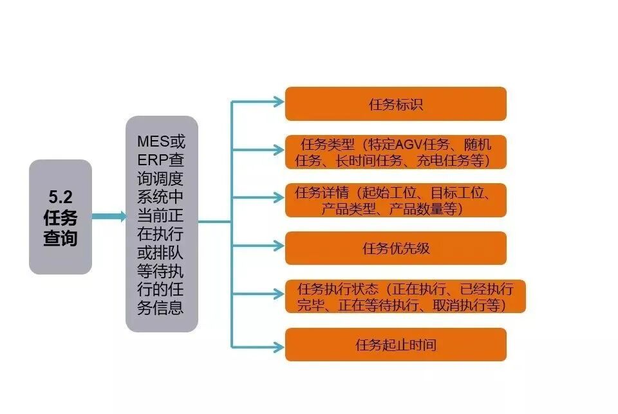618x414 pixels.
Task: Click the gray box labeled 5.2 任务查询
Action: pyautogui.click(x=61, y=217)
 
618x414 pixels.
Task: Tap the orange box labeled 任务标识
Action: pyautogui.click(x=395, y=104)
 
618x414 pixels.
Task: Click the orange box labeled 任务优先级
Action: pyautogui.click(x=395, y=248)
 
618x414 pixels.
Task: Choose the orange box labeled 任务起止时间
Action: pyautogui.click(x=395, y=345)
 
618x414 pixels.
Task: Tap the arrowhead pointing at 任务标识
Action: pyautogui.click(x=278, y=102)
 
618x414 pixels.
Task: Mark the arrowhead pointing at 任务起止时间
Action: pyautogui.click(x=278, y=348)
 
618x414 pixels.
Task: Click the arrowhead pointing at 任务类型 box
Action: pyautogui.click(x=278, y=150)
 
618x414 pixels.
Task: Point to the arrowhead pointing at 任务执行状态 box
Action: pyautogui.click(x=278, y=295)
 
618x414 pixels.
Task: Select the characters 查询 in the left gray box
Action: pyautogui.click(x=61, y=238)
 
